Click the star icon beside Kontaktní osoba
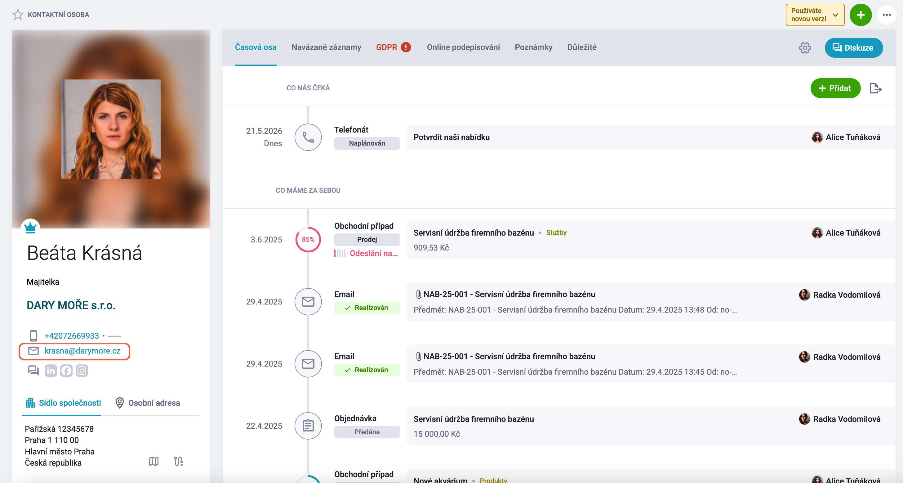[x=18, y=15]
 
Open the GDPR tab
[x=393, y=47]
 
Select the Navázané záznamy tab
[x=326, y=47]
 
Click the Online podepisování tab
[x=463, y=47]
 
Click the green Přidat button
[x=835, y=88]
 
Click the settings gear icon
[x=804, y=48]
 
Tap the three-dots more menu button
[x=887, y=15]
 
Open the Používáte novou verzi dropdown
[x=815, y=15]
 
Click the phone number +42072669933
[x=72, y=336]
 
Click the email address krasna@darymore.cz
[x=82, y=351]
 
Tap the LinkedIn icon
[x=51, y=371]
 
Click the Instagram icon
[x=82, y=371]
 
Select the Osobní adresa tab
[x=148, y=403]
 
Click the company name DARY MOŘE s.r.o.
[x=71, y=305]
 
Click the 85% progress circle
[x=308, y=239]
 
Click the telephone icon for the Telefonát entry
[x=308, y=137]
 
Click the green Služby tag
[x=556, y=233]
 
